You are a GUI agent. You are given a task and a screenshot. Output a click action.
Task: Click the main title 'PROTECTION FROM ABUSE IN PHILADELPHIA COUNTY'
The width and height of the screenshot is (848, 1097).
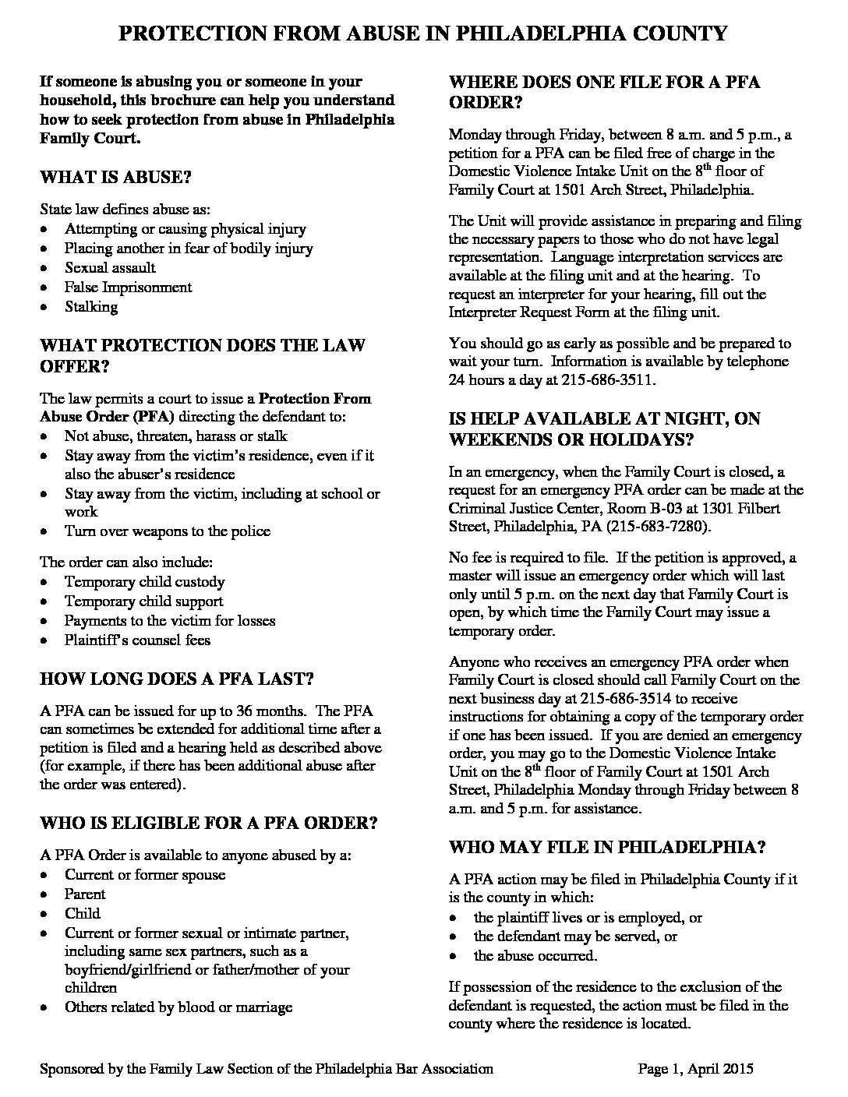click(423, 33)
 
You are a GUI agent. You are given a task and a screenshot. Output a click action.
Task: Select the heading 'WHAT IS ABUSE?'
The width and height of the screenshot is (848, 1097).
click(115, 177)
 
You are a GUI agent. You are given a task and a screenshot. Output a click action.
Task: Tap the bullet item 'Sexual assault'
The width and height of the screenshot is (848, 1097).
click(110, 267)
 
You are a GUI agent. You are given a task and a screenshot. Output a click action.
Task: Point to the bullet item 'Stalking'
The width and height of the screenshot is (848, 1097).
click(91, 306)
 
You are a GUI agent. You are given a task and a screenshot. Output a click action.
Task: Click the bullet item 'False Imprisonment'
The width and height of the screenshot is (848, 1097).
click(128, 287)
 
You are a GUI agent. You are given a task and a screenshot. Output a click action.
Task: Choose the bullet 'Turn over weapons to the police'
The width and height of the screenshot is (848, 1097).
click(167, 531)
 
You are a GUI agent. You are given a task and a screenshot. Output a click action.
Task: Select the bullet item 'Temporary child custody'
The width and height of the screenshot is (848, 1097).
click(144, 582)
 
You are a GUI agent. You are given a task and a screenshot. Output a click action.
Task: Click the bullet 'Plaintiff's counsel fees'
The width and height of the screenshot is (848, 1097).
click(137, 640)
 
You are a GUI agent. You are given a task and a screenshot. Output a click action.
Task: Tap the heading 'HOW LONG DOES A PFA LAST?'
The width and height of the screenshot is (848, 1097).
click(176, 679)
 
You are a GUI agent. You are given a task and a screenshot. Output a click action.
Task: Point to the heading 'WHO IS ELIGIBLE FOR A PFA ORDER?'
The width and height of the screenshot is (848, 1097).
click(209, 823)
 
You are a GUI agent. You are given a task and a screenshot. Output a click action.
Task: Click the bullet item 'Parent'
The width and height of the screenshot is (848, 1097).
click(85, 894)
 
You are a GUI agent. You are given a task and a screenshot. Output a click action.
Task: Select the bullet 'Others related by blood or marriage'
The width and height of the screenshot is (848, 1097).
click(178, 1007)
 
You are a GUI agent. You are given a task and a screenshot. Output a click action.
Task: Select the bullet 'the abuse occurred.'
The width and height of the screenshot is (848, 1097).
click(535, 955)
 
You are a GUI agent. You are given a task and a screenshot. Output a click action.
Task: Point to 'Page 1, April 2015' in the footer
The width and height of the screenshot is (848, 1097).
click(695, 1069)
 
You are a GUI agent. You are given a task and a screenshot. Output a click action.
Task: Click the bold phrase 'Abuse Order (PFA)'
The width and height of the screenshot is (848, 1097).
click(96, 416)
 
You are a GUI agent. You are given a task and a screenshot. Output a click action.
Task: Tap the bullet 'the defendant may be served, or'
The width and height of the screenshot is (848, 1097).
click(575, 936)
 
